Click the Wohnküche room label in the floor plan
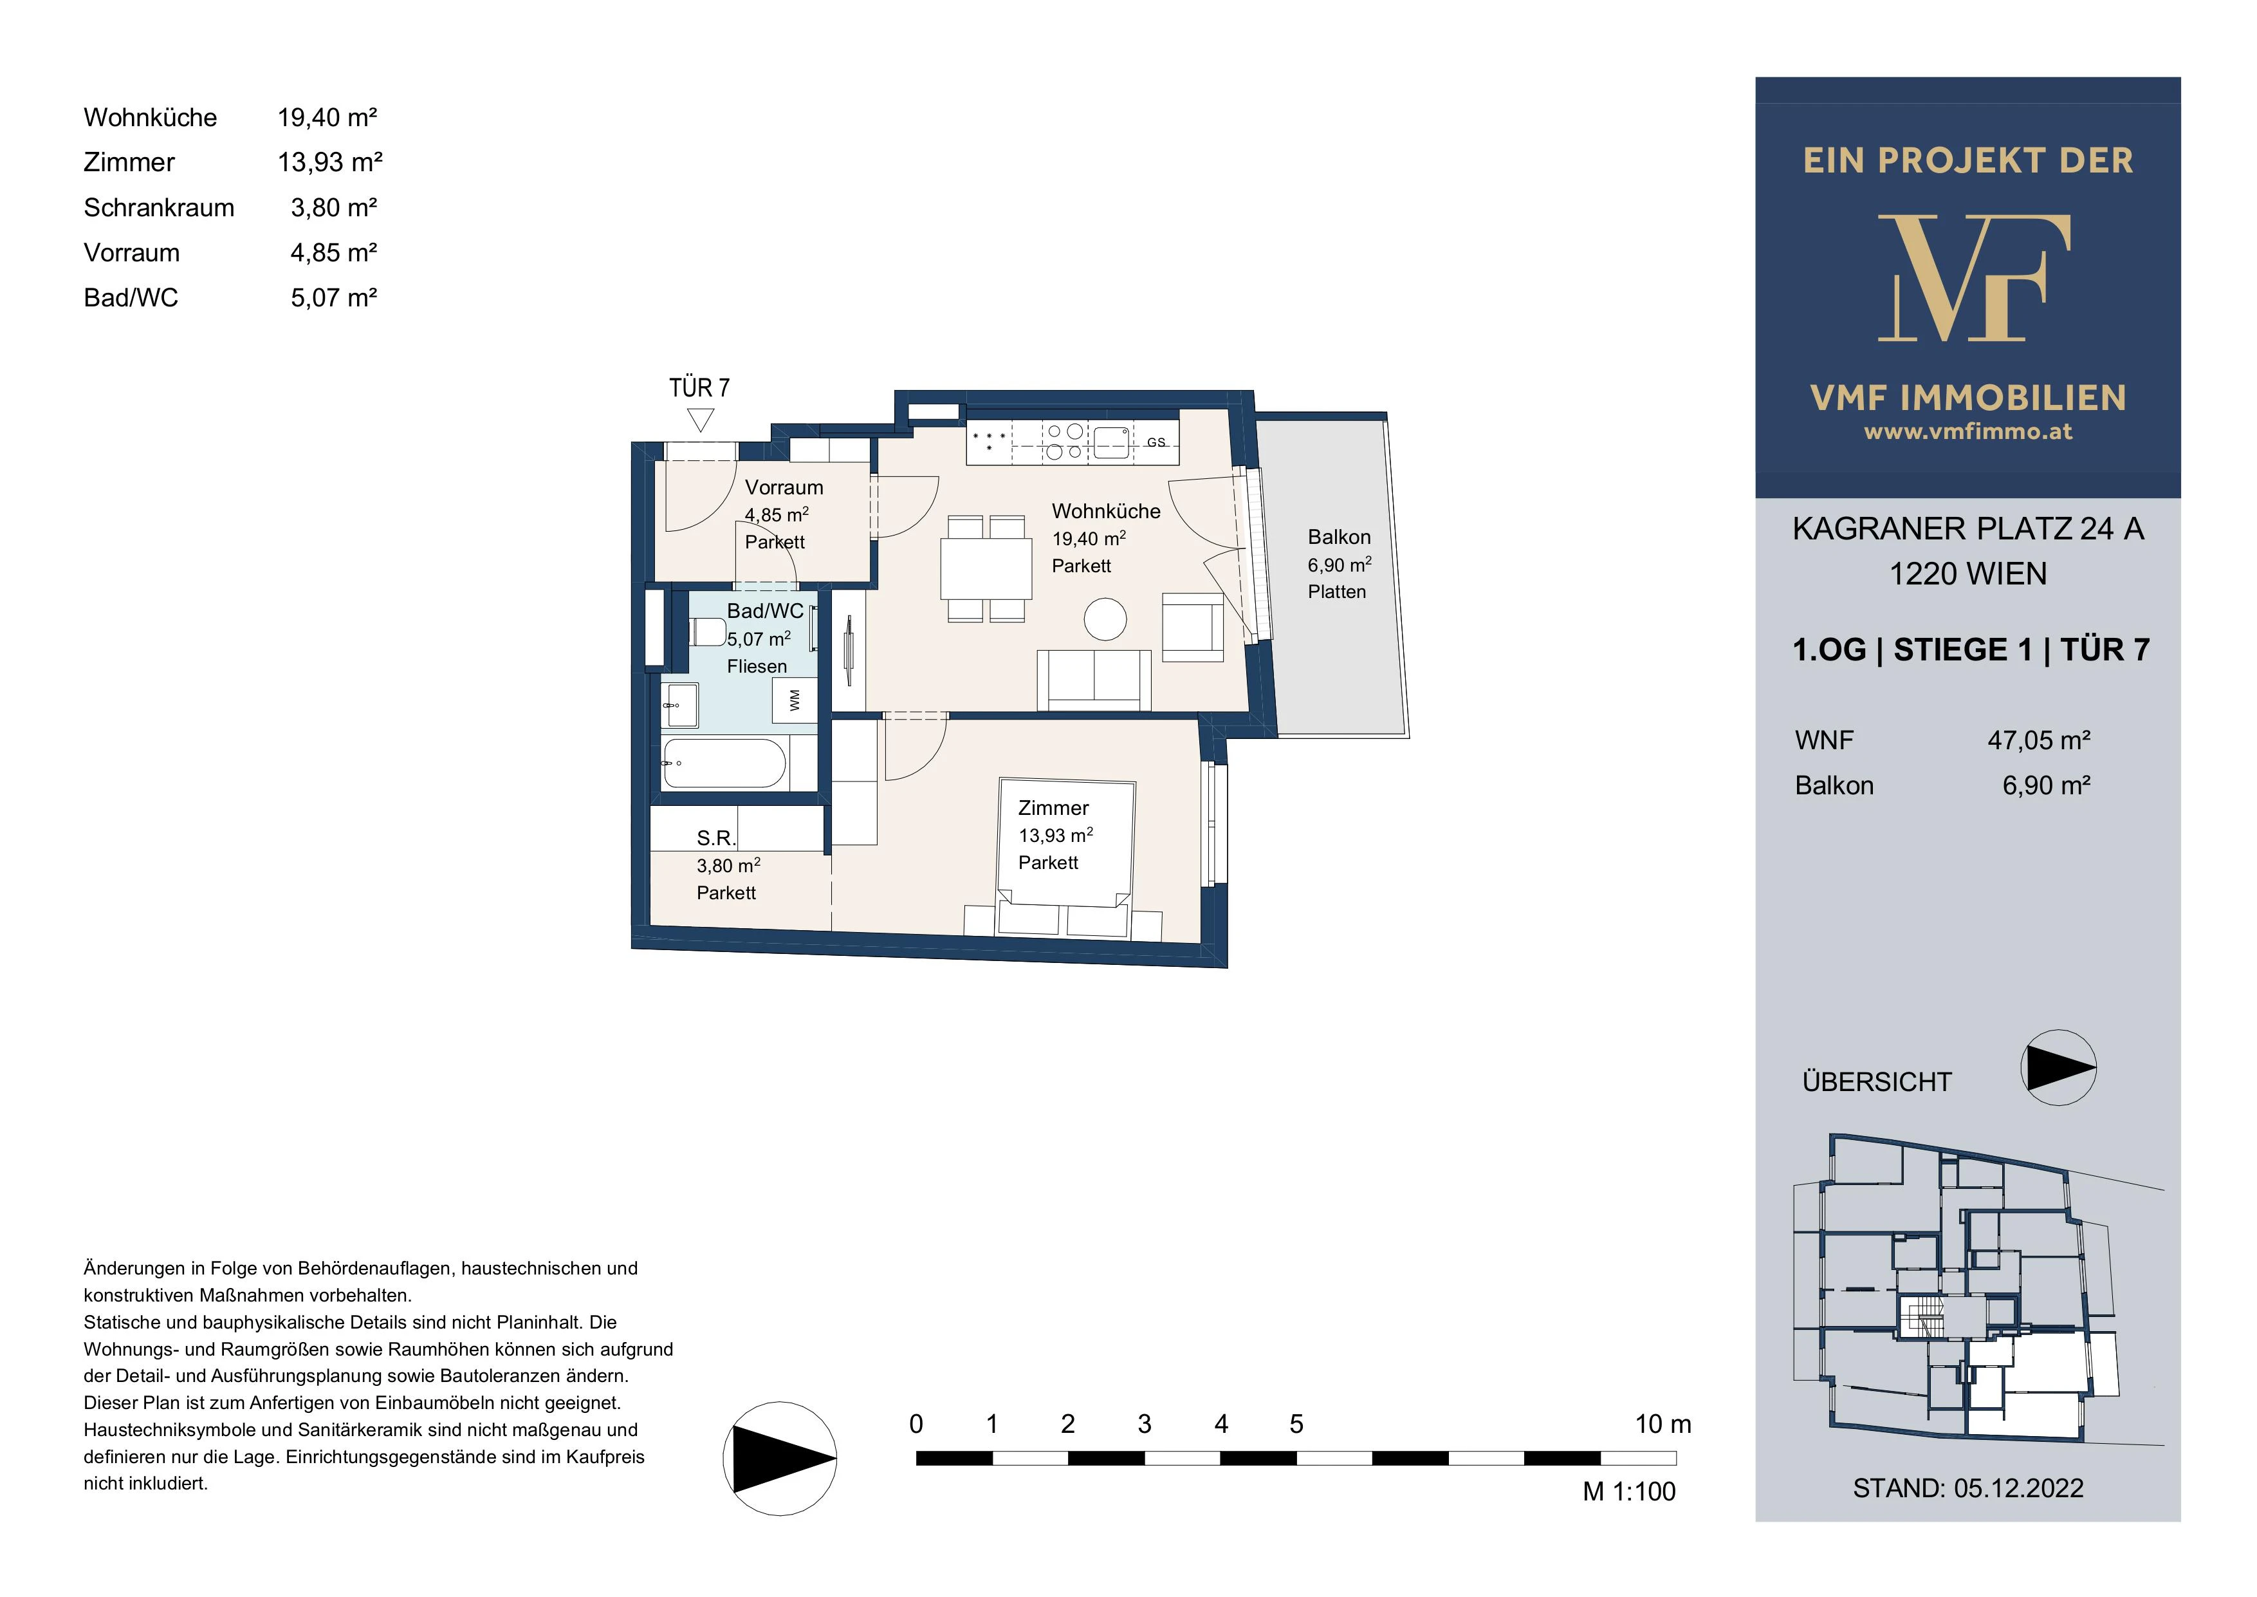(x=1106, y=511)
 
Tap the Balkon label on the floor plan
(x=1339, y=537)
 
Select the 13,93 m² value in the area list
(x=330, y=162)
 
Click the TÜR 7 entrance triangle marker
(x=700, y=421)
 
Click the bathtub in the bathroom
(x=724, y=764)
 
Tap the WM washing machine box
(x=795, y=700)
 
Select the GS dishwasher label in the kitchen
(x=1156, y=442)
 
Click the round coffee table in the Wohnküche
(x=1105, y=619)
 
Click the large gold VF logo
(x=1974, y=277)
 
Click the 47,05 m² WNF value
(x=2039, y=740)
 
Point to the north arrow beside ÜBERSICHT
(x=2058, y=1068)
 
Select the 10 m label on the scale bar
(x=1663, y=1424)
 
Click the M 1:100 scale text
(x=1629, y=1492)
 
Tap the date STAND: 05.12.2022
(x=1968, y=1488)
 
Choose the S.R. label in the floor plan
(x=715, y=838)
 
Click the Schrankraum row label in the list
(x=160, y=207)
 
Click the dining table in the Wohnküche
(x=986, y=570)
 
